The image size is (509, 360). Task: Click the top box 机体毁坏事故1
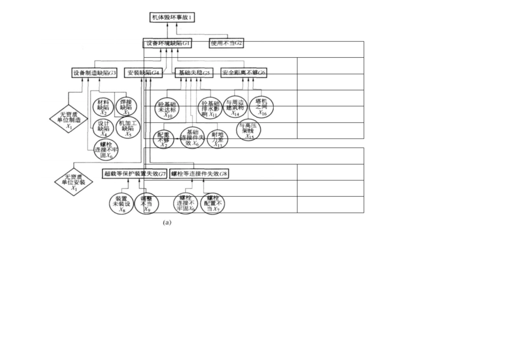click(171, 17)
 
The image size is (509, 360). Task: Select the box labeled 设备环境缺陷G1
click(168, 43)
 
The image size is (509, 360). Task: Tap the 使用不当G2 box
click(227, 43)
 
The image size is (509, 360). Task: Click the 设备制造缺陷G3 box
click(94, 72)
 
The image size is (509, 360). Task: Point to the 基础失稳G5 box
click(194, 72)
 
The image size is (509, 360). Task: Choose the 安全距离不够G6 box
click(244, 72)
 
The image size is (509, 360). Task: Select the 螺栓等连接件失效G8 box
click(199, 174)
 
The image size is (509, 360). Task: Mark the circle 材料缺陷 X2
click(103, 107)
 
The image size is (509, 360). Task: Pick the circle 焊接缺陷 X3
click(126, 107)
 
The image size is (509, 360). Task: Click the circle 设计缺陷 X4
click(103, 127)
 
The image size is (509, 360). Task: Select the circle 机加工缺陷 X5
click(126, 127)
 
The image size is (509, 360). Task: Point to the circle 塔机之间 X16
click(262, 107)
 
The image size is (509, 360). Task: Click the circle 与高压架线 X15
click(249, 130)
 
